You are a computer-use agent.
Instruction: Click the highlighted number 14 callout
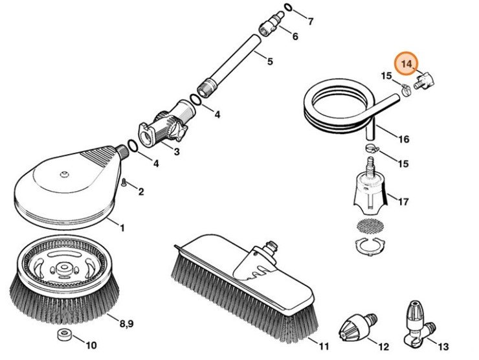click(406, 63)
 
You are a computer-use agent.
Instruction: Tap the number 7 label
click(310, 22)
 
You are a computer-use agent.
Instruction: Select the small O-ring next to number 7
click(289, 8)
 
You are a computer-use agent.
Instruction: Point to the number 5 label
click(270, 62)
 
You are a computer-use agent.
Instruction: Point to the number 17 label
click(403, 202)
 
